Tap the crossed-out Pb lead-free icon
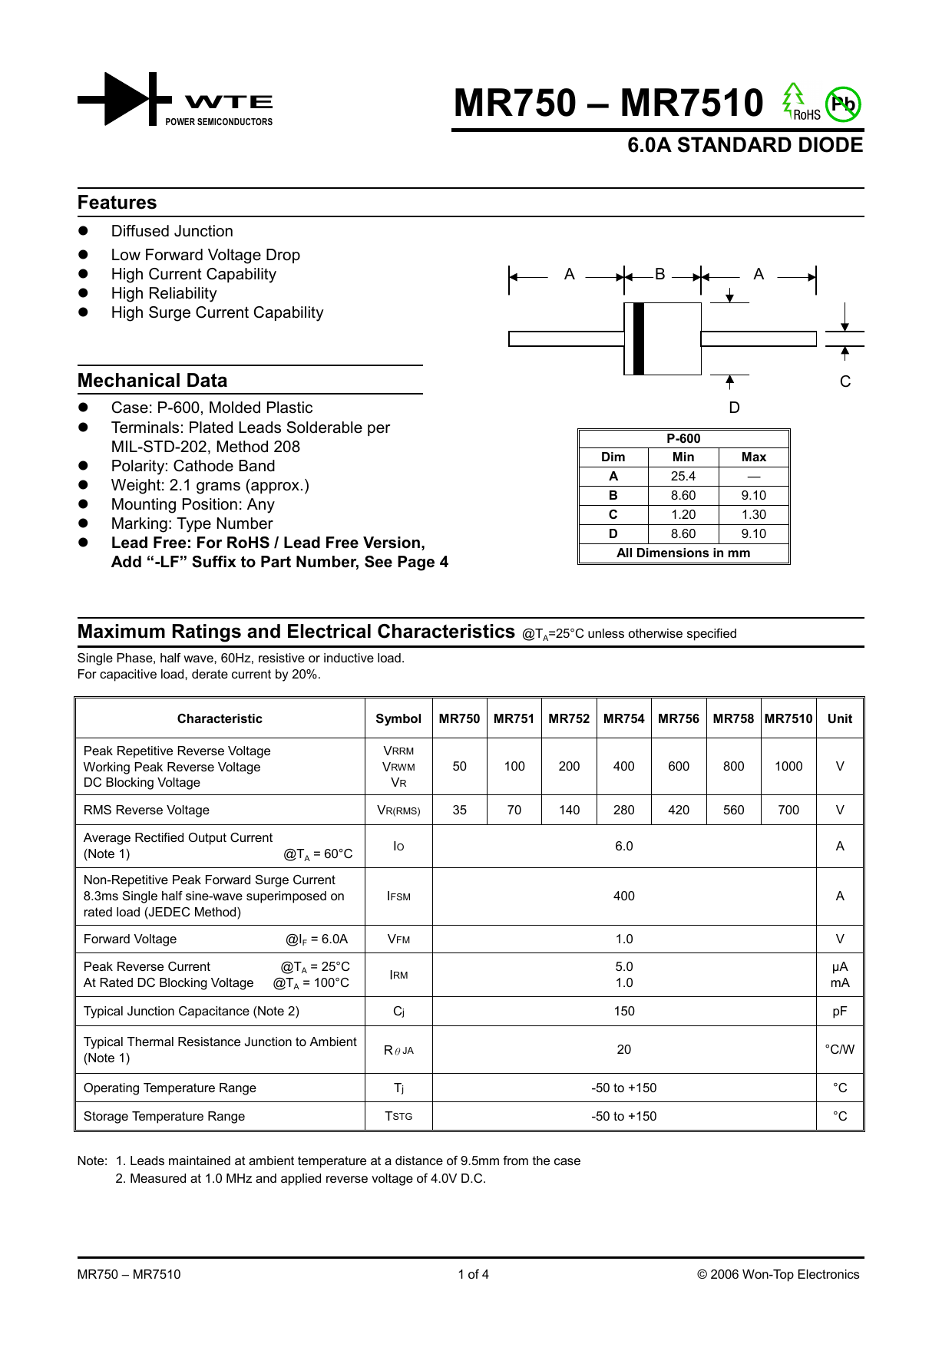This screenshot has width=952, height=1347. click(x=843, y=104)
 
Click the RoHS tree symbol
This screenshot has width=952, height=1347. click(x=793, y=101)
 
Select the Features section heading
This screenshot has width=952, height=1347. click(x=117, y=203)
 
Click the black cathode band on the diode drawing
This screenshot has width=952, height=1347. click(x=638, y=338)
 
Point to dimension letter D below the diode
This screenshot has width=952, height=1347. click(x=734, y=408)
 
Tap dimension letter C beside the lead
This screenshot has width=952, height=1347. click(x=845, y=381)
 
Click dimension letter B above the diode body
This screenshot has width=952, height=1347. click(x=659, y=274)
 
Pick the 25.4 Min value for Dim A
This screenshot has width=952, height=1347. click(x=683, y=476)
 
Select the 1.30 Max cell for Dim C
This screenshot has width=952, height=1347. click(x=753, y=514)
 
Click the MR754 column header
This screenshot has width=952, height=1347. click(x=623, y=718)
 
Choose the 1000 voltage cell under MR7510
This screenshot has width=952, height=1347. click(x=788, y=766)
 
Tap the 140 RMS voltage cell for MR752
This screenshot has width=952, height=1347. click(x=569, y=810)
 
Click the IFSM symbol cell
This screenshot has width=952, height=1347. click(x=398, y=896)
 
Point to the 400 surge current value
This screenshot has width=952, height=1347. click(x=623, y=896)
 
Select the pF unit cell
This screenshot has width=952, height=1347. click(x=839, y=1011)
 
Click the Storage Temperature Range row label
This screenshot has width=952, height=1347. click(x=164, y=1116)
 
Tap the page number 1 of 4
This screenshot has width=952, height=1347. click(x=473, y=1274)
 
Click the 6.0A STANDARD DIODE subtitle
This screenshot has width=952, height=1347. click(x=745, y=145)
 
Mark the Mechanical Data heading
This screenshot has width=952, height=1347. click(x=152, y=381)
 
